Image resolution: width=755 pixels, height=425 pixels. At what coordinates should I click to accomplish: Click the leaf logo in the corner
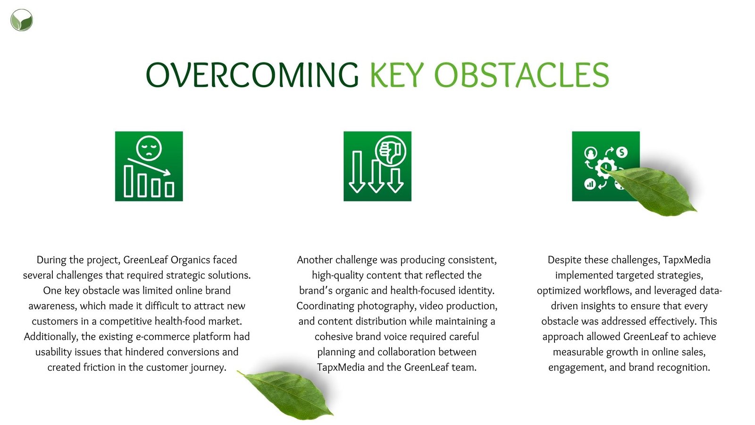(22, 20)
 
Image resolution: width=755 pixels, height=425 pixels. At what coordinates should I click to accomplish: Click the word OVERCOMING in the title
(252, 75)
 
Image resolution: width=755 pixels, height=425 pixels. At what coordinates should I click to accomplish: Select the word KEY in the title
(397, 75)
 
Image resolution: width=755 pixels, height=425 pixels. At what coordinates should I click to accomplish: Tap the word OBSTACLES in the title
(521, 75)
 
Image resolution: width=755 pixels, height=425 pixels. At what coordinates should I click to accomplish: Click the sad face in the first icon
(149, 148)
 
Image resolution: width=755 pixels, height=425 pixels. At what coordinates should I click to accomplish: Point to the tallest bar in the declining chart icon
(128, 181)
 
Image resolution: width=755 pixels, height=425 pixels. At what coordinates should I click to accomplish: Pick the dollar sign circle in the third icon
(622, 152)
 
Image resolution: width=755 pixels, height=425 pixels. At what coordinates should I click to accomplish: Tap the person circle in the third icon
(590, 153)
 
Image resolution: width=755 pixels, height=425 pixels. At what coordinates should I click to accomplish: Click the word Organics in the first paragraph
(191, 260)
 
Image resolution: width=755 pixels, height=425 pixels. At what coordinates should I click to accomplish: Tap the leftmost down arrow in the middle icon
(357, 172)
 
